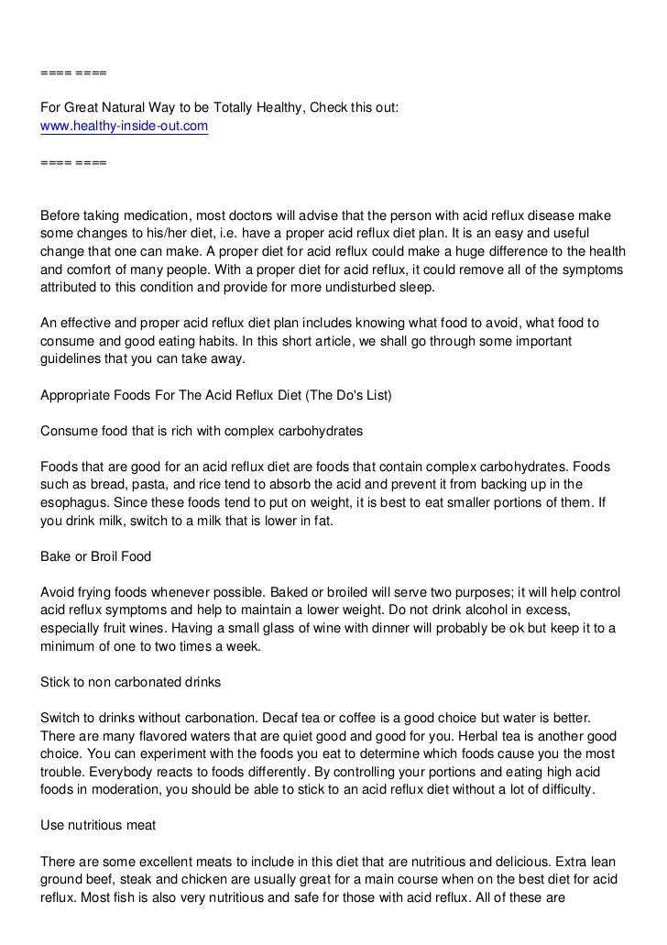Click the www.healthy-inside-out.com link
(125, 126)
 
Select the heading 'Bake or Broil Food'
(97, 555)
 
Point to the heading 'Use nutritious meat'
(99, 825)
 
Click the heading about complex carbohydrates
(202, 430)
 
